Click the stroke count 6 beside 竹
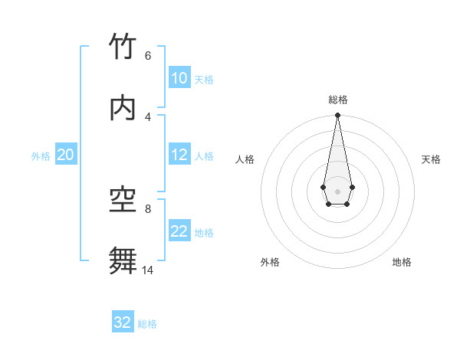(x=147, y=56)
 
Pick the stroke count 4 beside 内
(x=147, y=116)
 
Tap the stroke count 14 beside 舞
(x=147, y=270)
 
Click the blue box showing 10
(x=179, y=78)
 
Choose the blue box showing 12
(x=179, y=155)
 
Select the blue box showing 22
(x=179, y=231)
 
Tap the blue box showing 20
(x=66, y=155)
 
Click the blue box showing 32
(x=123, y=322)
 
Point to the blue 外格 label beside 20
(x=41, y=156)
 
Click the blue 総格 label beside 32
(x=147, y=324)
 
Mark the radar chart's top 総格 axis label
(x=337, y=100)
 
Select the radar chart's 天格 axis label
(x=431, y=159)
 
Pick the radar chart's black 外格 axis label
(x=270, y=262)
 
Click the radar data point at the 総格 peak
(x=337, y=116)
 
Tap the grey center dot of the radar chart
(x=337, y=191)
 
